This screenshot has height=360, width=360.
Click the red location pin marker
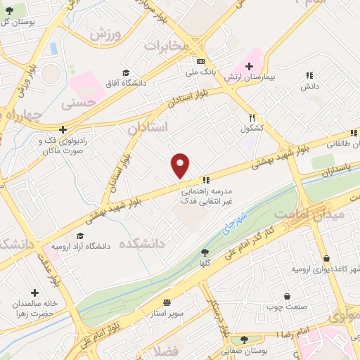pos(181,166)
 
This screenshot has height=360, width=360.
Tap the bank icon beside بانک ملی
pos(201,61)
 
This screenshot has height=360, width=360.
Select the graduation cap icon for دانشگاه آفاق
pos(126,72)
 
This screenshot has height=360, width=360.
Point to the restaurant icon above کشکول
pos(252,118)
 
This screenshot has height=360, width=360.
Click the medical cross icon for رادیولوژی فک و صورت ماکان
pos(63,129)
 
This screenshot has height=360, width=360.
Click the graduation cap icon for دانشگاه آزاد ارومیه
pos(80,236)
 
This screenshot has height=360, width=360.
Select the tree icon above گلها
pos(205,252)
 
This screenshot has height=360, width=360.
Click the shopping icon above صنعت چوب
pos(286,297)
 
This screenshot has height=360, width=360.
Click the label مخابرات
pos(167,45)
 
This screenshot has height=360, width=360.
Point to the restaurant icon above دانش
pos(308,75)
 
